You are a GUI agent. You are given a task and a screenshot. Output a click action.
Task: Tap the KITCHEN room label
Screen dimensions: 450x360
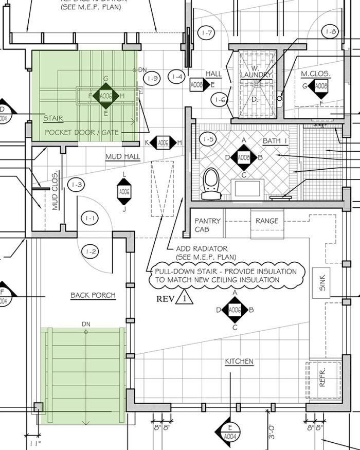[239, 362]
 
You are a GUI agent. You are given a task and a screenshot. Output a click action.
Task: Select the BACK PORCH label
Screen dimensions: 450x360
[93, 295]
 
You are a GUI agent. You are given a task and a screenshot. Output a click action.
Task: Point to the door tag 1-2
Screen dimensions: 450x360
[91, 252]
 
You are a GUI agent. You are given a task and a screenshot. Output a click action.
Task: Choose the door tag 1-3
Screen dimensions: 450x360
[78, 184]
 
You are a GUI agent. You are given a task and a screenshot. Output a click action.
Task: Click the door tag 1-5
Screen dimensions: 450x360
[208, 139]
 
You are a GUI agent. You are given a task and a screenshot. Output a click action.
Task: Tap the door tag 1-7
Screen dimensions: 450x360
[208, 33]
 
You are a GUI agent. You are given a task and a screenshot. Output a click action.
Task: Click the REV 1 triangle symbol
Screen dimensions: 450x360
[184, 298]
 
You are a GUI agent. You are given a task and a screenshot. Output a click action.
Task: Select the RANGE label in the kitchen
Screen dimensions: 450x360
[267, 221]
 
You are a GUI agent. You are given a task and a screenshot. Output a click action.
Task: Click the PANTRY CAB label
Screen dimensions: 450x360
[208, 225]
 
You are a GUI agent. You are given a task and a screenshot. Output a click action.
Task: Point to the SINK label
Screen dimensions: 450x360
[322, 283]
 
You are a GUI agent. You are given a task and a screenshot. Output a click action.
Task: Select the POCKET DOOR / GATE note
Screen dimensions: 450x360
[82, 133]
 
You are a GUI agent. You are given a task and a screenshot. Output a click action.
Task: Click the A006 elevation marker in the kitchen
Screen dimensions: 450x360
[235, 310]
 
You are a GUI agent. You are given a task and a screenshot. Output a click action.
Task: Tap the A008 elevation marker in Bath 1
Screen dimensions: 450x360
[244, 157]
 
